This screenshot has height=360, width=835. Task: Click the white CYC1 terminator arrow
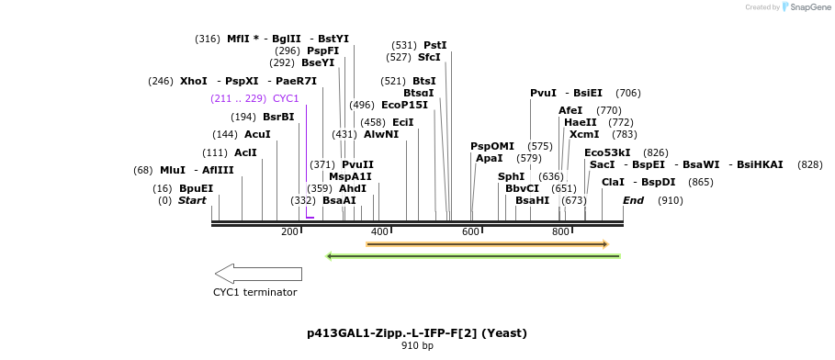pyautogui.click(x=258, y=274)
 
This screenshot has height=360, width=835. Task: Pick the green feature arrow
pyautogui.click(x=473, y=256)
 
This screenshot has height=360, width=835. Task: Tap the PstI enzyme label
pyautogui.click(x=434, y=45)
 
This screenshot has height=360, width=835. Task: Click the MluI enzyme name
pyautogui.click(x=173, y=170)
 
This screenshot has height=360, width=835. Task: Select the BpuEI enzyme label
pyautogui.click(x=196, y=188)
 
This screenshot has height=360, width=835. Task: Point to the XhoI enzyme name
pyautogui.click(x=194, y=81)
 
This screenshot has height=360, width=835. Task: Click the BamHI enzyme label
pyautogui.click(x=532, y=200)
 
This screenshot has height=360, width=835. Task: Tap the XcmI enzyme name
pyautogui.click(x=584, y=134)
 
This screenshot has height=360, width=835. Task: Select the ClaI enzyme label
pyautogui.click(x=613, y=182)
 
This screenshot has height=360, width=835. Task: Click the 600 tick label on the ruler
pyautogui.click(x=470, y=231)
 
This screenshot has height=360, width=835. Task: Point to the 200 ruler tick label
pyautogui.click(x=289, y=231)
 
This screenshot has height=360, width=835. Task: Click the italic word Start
pyautogui.click(x=192, y=200)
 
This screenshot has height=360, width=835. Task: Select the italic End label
pyautogui.click(x=633, y=200)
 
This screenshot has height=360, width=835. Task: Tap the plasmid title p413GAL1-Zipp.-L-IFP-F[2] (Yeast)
pyautogui.click(x=417, y=332)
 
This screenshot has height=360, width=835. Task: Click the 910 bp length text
pyautogui.click(x=417, y=346)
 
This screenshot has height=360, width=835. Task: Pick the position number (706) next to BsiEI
pyautogui.click(x=628, y=93)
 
